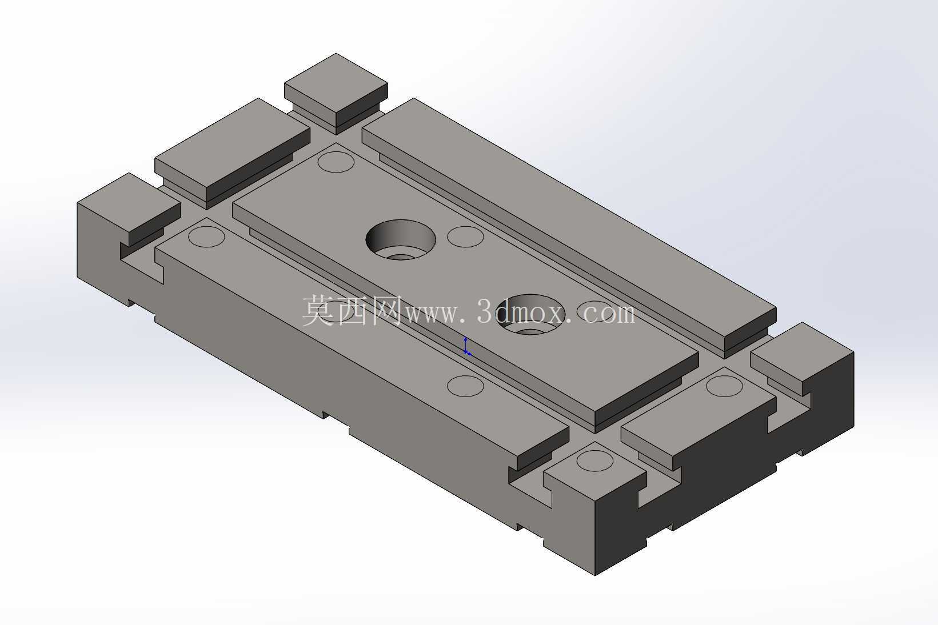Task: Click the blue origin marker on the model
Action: pos(466,346)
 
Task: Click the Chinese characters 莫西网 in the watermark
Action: pos(352,310)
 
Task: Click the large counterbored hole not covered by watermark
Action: pos(401,241)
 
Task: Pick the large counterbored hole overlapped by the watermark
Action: pos(530,314)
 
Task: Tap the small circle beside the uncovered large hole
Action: pos(466,237)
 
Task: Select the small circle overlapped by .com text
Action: pos(596,311)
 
